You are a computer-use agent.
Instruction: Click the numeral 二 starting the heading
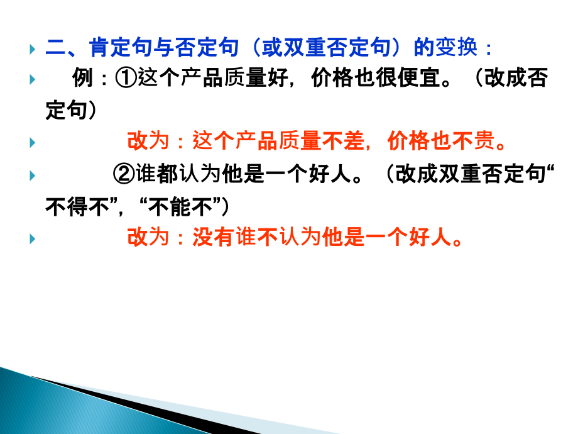click(55, 48)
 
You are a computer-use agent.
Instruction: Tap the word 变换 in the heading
click(459, 48)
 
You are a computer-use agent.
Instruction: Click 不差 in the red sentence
click(342, 142)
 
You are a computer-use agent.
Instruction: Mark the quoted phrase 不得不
click(75, 206)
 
